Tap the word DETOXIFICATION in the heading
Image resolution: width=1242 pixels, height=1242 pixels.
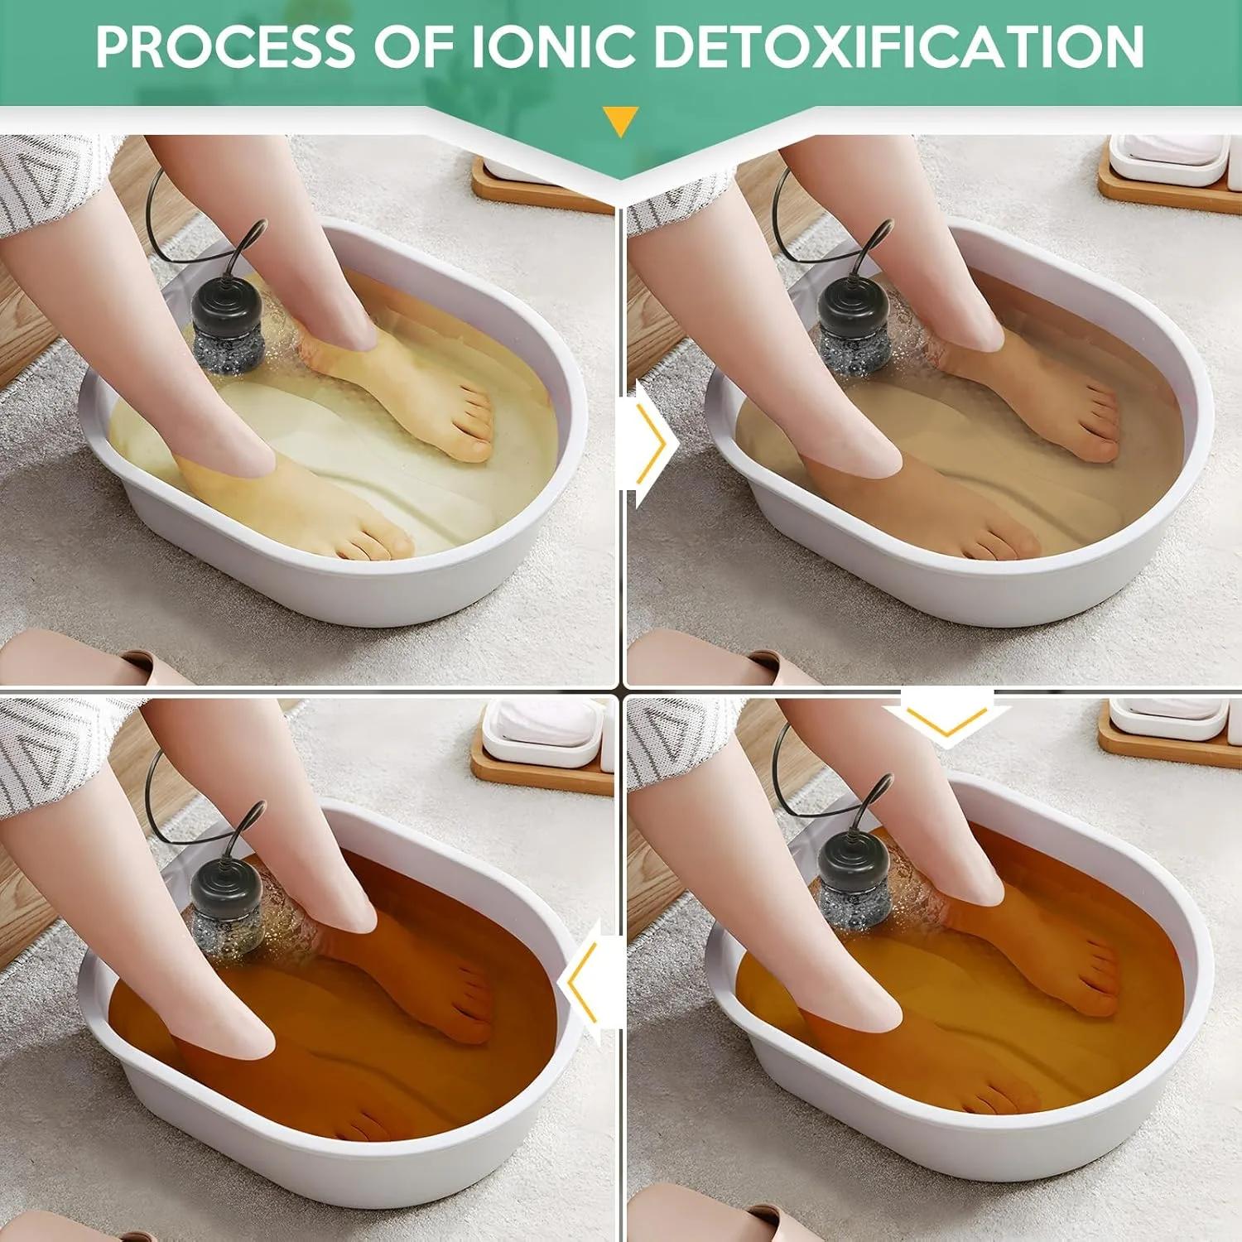(899, 46)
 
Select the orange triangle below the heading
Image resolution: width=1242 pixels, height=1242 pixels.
(620, 121)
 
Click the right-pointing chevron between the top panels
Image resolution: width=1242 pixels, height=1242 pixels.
(652, 444)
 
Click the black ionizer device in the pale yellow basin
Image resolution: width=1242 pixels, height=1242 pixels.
(228, 326)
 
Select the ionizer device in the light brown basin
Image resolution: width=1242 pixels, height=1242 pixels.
(854, 326)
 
